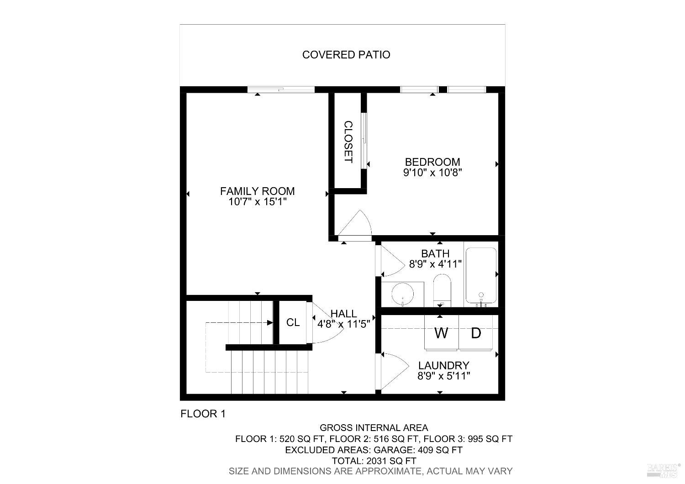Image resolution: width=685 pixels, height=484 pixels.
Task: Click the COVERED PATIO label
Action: coord(346,55)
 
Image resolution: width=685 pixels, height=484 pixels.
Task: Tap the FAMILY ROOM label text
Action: coord(257,191)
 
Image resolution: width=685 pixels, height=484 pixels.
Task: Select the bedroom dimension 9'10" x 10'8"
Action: coord(432,173)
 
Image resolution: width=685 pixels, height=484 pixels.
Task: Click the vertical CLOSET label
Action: coord(348,142)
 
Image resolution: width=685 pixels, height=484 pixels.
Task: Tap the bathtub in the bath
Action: coord(480,276)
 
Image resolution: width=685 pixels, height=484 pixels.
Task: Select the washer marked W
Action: coord(441,333)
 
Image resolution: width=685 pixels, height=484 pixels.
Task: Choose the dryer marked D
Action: coord(476,333)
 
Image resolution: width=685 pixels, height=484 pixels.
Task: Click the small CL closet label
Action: coord(293,322)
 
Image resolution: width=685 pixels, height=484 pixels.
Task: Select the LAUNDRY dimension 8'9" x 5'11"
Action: coord(444,376)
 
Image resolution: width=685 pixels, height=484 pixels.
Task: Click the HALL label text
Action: coord(343,314)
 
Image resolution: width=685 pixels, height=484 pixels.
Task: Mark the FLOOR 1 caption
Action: coord(203,414)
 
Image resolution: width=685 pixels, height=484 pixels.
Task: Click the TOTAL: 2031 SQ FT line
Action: coord(374,461)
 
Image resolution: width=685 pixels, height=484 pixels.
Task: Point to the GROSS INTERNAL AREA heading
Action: coord(374,428)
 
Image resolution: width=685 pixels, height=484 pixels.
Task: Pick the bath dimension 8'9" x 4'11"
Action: coord(435,264)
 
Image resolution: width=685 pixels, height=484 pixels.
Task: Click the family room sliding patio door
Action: coord(281,89)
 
